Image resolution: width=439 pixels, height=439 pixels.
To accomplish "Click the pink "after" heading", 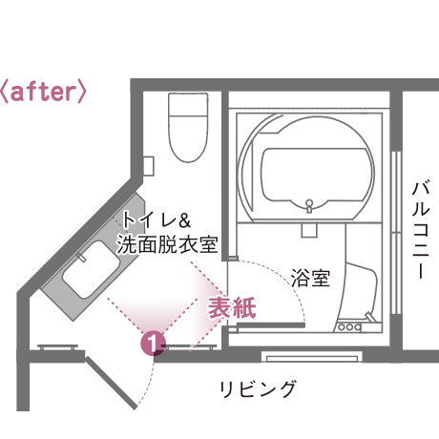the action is coord(43,92).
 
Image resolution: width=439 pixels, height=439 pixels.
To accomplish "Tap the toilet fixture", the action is coord(188,127).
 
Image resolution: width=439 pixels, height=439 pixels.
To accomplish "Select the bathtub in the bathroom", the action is coord(317,176).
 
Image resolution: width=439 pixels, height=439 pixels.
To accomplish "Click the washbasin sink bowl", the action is coord(92,269).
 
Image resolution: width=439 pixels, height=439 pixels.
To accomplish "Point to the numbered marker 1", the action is coord(154,344).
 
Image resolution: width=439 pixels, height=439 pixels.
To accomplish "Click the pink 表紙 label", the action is coord(232,307).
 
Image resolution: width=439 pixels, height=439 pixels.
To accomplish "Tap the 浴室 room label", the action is coord(310,278).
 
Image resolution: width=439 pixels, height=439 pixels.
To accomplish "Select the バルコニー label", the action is coord(421,230).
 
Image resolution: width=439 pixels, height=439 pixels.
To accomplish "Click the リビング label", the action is coord(258,388).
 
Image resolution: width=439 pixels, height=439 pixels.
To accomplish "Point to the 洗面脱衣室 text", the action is coord(167,244).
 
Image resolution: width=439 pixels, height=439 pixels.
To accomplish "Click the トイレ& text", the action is coord(157,219).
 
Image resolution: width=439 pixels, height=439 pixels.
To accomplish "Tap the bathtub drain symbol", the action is coord(309,205).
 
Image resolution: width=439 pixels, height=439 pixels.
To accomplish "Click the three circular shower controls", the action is coord(349,326).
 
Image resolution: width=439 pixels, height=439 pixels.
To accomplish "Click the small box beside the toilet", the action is coord(149,166).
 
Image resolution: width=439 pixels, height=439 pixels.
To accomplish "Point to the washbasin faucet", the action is coord(81,257).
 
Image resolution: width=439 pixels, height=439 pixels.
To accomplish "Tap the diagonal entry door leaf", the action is coord(111,383).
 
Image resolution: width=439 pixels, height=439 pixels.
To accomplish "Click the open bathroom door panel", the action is coord(271,325).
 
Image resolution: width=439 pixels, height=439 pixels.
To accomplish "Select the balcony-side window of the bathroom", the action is coord(396,233).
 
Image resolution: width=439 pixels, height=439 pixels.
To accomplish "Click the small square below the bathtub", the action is coord(309,230).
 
